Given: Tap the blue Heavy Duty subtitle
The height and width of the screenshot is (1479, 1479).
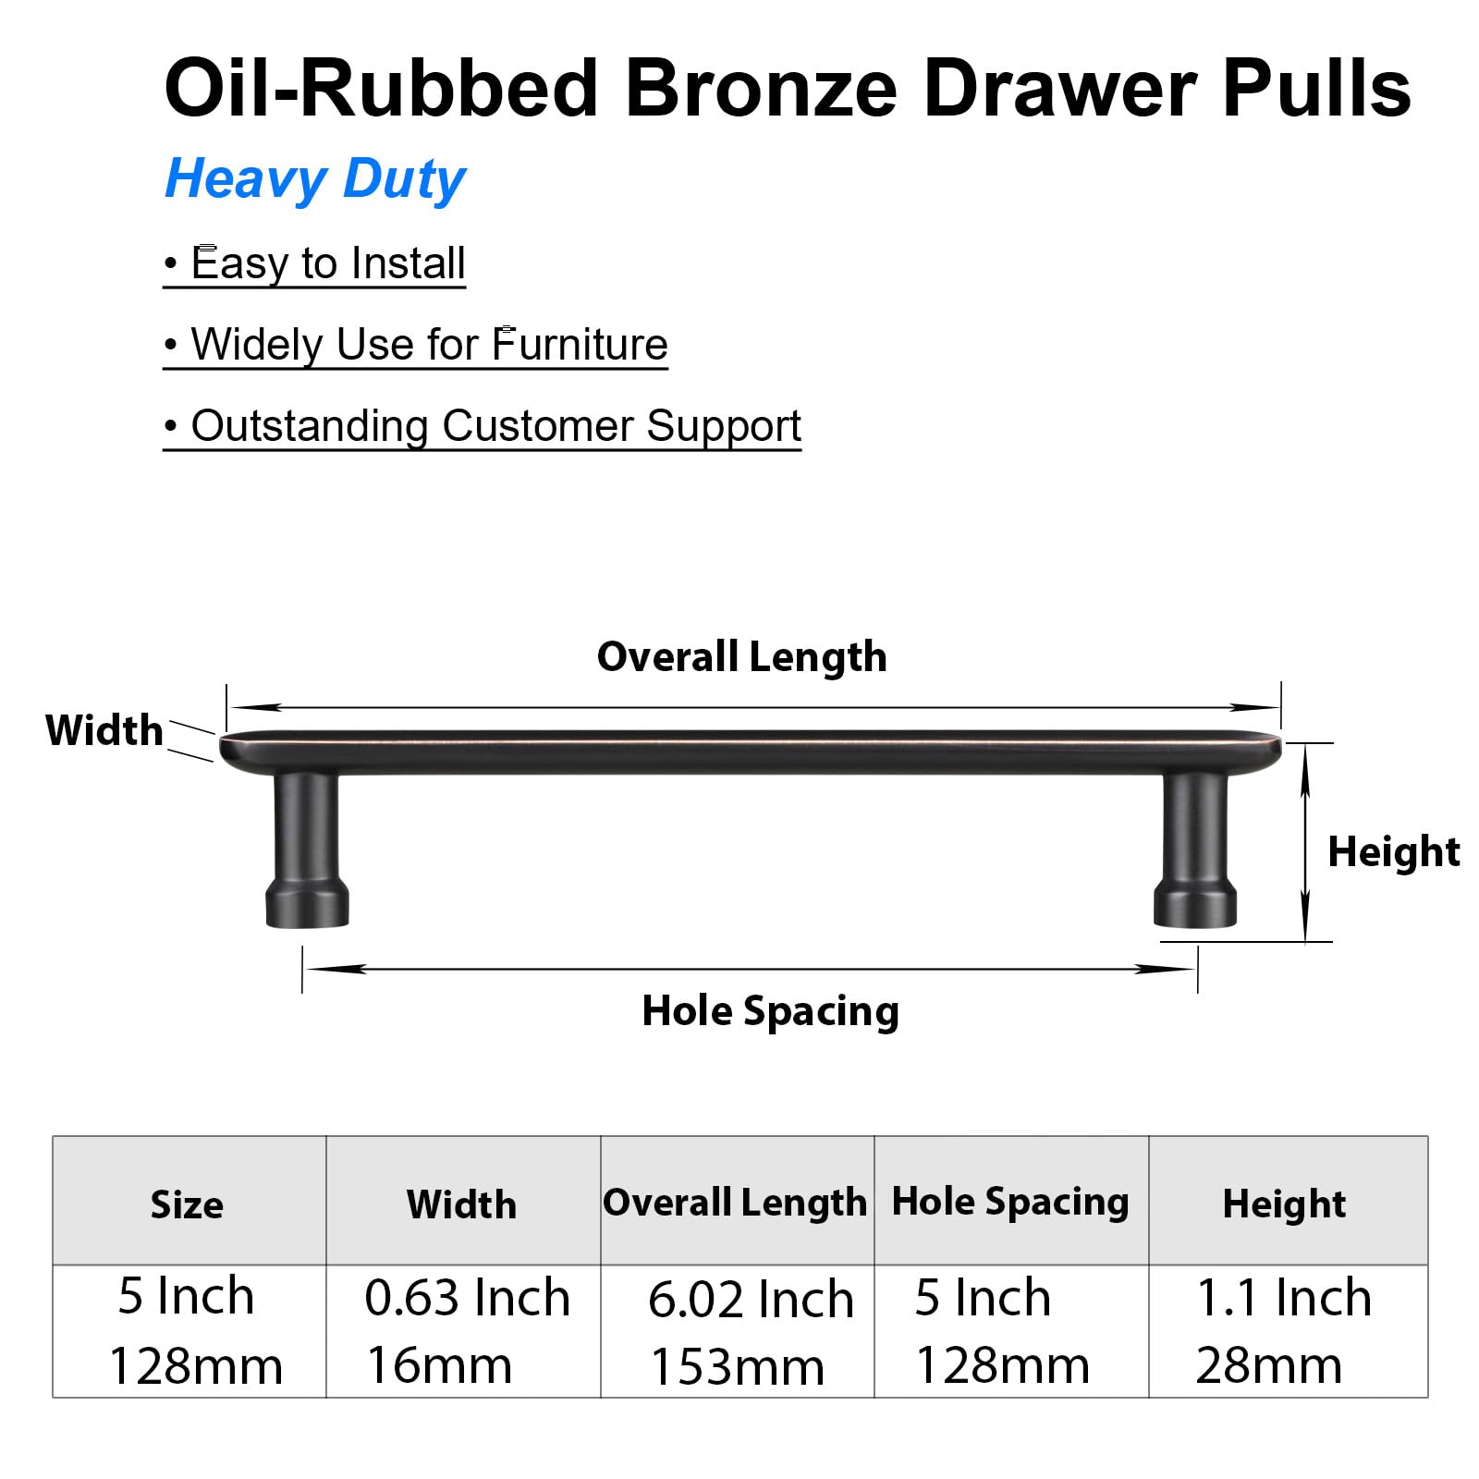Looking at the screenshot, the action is click(315, 179).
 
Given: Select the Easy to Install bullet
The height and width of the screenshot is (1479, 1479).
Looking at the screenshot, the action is click(314, 264).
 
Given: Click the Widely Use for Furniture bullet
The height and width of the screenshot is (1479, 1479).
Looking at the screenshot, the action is click(415, 346).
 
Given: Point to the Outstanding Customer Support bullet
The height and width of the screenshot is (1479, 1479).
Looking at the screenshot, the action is click(483, 427).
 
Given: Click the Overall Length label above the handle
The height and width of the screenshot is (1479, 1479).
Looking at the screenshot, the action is click(742, 657).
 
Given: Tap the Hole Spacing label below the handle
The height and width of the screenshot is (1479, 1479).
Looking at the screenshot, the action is click(771, 1011).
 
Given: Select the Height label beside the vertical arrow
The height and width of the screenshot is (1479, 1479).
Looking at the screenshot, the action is click(1394, 852).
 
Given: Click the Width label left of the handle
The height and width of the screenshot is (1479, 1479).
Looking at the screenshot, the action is click(104, 730).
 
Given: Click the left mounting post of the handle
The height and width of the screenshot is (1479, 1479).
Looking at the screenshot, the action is click(308, 849).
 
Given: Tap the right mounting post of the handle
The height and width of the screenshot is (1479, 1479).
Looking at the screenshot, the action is click(1194, 849).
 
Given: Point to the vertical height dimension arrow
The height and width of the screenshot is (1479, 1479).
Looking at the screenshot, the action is click(1305, 842).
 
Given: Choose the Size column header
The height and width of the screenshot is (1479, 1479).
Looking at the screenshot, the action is click(187, 1205).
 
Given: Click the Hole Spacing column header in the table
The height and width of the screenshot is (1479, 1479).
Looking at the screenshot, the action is click(1010, 1202).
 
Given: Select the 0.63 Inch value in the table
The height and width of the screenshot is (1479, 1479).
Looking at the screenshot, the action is click(468, 1298).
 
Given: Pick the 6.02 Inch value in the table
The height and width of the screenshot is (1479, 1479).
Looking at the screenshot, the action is click(751, 1300).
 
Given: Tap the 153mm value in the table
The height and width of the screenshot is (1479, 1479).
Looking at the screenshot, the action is click(738, 1368).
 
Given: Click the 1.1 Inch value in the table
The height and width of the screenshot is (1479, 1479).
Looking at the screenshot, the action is click(1284, 1298).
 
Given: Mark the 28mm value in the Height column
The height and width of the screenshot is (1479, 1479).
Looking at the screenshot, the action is click(1269, 1366).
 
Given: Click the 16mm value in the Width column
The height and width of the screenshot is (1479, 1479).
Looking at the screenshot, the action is click(440, 1366).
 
